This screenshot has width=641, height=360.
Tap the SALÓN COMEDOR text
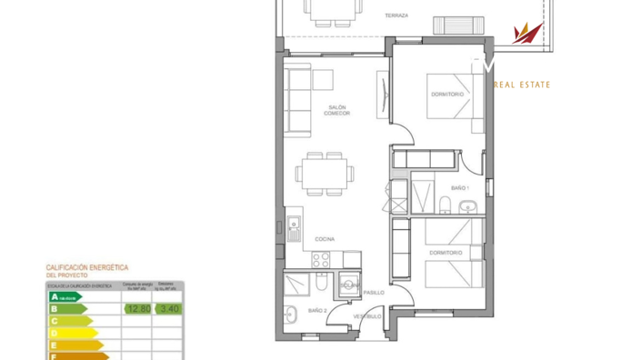[x=337, y=110]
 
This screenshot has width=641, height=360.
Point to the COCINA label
[x=325, y=239]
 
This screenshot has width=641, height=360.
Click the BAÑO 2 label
[x=316, y=311]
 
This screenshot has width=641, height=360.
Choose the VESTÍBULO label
[x=367, y=316]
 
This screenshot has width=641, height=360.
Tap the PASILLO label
[x=374, y=293]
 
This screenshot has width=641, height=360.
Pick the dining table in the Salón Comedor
[x=325, y=172]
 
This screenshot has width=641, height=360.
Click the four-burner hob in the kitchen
[x=322, y=259]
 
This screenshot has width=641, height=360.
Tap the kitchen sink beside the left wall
[x=293, y=229]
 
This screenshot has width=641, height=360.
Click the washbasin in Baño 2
[x=290, y=316]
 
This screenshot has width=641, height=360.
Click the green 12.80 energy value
[x=137, y=309]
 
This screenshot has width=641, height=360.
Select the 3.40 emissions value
[x=168, y=309]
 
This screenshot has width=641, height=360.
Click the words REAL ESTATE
[x=522, y=85]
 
